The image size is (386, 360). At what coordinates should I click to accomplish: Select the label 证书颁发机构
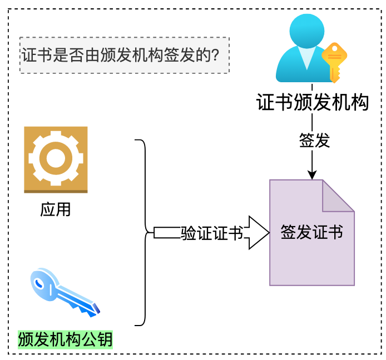[x=312, y=103]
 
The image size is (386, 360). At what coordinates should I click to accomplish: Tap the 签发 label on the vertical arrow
[x=314, y=141]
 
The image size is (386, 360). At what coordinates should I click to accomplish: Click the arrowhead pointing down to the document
[x=312, y=174]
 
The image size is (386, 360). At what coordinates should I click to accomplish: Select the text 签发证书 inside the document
[x=311, y=232]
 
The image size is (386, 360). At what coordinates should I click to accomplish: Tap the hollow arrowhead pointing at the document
[x=257, y=233]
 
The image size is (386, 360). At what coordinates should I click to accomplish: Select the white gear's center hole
[x=56, y=158]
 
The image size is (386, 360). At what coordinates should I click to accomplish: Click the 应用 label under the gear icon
[x=56, y=210]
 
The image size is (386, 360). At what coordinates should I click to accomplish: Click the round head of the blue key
[x=43, y=282]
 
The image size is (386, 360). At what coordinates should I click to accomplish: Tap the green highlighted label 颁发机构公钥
[x=65, y=339]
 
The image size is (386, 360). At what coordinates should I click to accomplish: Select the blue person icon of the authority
[x=303, y=50]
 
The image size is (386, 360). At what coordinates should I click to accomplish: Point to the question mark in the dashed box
[x=224, y=56]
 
